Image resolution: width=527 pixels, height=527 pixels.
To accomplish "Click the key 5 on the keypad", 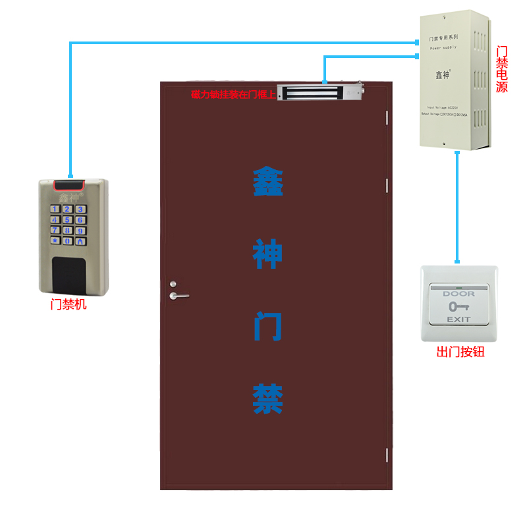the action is [67, 219].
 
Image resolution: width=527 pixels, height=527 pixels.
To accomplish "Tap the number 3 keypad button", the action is [80, 209].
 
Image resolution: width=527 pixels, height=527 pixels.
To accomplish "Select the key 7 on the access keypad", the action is [55, 231].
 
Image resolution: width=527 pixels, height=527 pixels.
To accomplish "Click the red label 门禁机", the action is [69, 305].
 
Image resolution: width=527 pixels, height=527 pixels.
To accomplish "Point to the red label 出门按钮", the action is [460, 352].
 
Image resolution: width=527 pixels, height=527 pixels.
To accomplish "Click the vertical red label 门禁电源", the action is [502, 69].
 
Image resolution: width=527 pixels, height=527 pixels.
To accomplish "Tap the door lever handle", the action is [178, 295].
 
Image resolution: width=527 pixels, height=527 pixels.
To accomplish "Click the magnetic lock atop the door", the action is [319, 93].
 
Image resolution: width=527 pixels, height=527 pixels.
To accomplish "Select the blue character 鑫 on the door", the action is [268, 182].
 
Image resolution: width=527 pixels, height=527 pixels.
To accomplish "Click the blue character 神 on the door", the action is [268, 254].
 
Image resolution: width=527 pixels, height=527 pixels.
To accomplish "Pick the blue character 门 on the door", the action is [268, 327].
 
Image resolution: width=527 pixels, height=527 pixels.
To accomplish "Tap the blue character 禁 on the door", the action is [268, 399].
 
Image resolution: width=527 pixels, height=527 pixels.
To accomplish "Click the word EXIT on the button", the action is [459, 319].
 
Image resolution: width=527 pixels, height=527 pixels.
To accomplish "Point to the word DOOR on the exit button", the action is [458, 293].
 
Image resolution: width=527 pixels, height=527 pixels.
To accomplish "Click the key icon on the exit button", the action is [458, 306].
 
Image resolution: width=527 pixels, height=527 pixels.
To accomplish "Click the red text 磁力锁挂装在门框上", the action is [233, 94].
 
